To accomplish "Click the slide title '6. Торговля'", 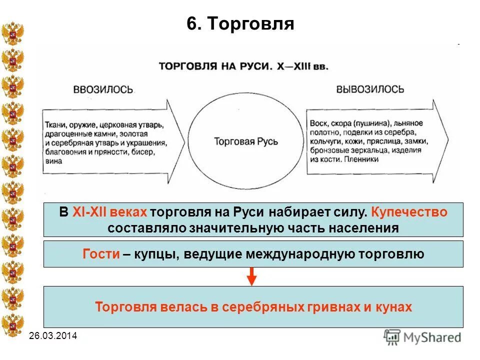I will point(240,23).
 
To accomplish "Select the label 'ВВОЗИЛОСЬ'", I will point(103,89).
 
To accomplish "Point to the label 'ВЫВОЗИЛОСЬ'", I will point(370,89).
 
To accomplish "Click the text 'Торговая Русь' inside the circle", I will point(246,141).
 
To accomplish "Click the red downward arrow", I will point(252,276).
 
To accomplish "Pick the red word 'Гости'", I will point(101,254).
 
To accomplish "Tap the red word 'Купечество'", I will point(409,212).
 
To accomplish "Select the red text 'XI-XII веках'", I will point(109,212).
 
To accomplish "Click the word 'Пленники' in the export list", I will point(362,159).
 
